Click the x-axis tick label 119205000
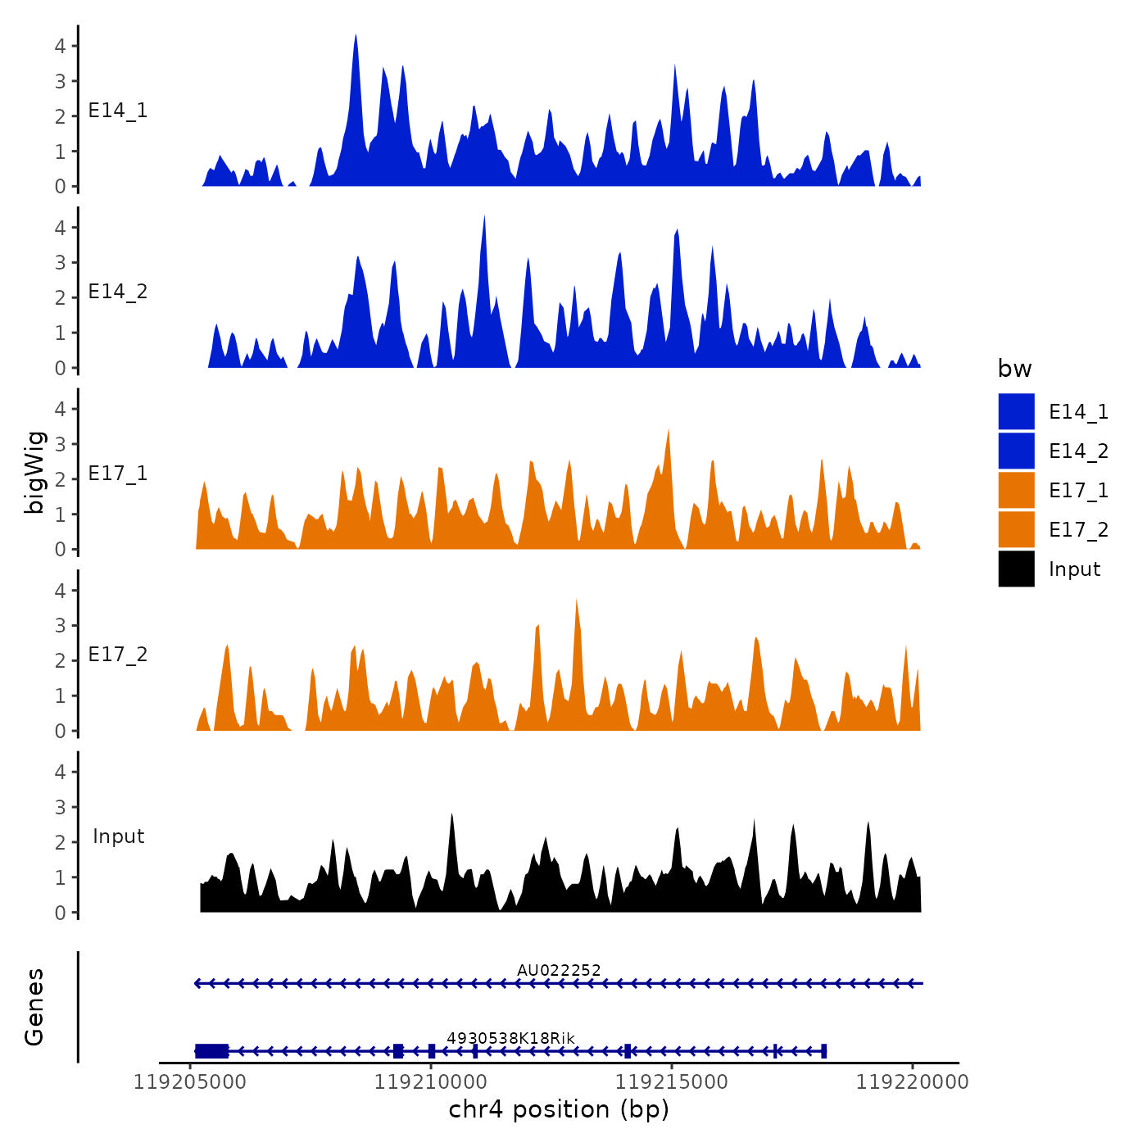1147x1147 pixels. tap(190, 1082)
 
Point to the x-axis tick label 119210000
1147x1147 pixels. tap(431, 1082)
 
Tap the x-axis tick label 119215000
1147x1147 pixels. tap(672, 1082)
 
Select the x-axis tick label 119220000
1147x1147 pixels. tap(913, 1082)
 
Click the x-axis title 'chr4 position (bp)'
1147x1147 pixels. tap(559, 1110)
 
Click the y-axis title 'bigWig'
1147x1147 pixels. tap(34, 473)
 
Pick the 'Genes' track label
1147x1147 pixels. tap(34, 1007)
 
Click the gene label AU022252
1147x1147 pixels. tap(559, 971)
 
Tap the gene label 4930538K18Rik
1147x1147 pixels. tap(510, 1039)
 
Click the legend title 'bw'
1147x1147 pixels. tap(1014, 369)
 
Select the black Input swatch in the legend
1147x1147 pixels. tap(1016, 569)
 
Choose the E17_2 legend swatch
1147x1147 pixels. tap(1016, 530)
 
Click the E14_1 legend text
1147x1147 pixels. tap(1078, 412)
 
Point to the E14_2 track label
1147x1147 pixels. tap(118, 292)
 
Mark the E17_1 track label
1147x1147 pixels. tap(118, 474)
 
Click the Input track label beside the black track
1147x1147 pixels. tap(118, 836)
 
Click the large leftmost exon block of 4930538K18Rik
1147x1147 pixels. tap(211, 1051)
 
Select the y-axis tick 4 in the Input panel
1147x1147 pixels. tap(60, 772)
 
